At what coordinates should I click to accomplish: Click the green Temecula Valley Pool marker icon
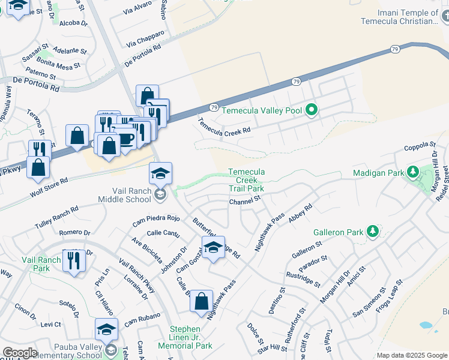(x=311, y=110)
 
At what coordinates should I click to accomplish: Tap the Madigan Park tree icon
(x=412, y=173)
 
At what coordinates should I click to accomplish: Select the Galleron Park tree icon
(x=372, y=231)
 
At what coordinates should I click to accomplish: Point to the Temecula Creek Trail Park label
(x=246, y=180)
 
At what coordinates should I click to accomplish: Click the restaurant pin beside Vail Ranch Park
(x=74, y=261)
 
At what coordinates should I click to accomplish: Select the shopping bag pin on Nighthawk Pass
(x=202, y=301)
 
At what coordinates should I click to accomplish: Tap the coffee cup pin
(x=125, y=138)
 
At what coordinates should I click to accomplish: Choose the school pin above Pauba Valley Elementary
(x=106, y=329)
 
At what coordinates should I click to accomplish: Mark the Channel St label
(x=245, y=200)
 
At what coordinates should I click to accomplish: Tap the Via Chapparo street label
(x=145, y=39)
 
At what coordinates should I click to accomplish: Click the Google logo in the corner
(x=20, y=353)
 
